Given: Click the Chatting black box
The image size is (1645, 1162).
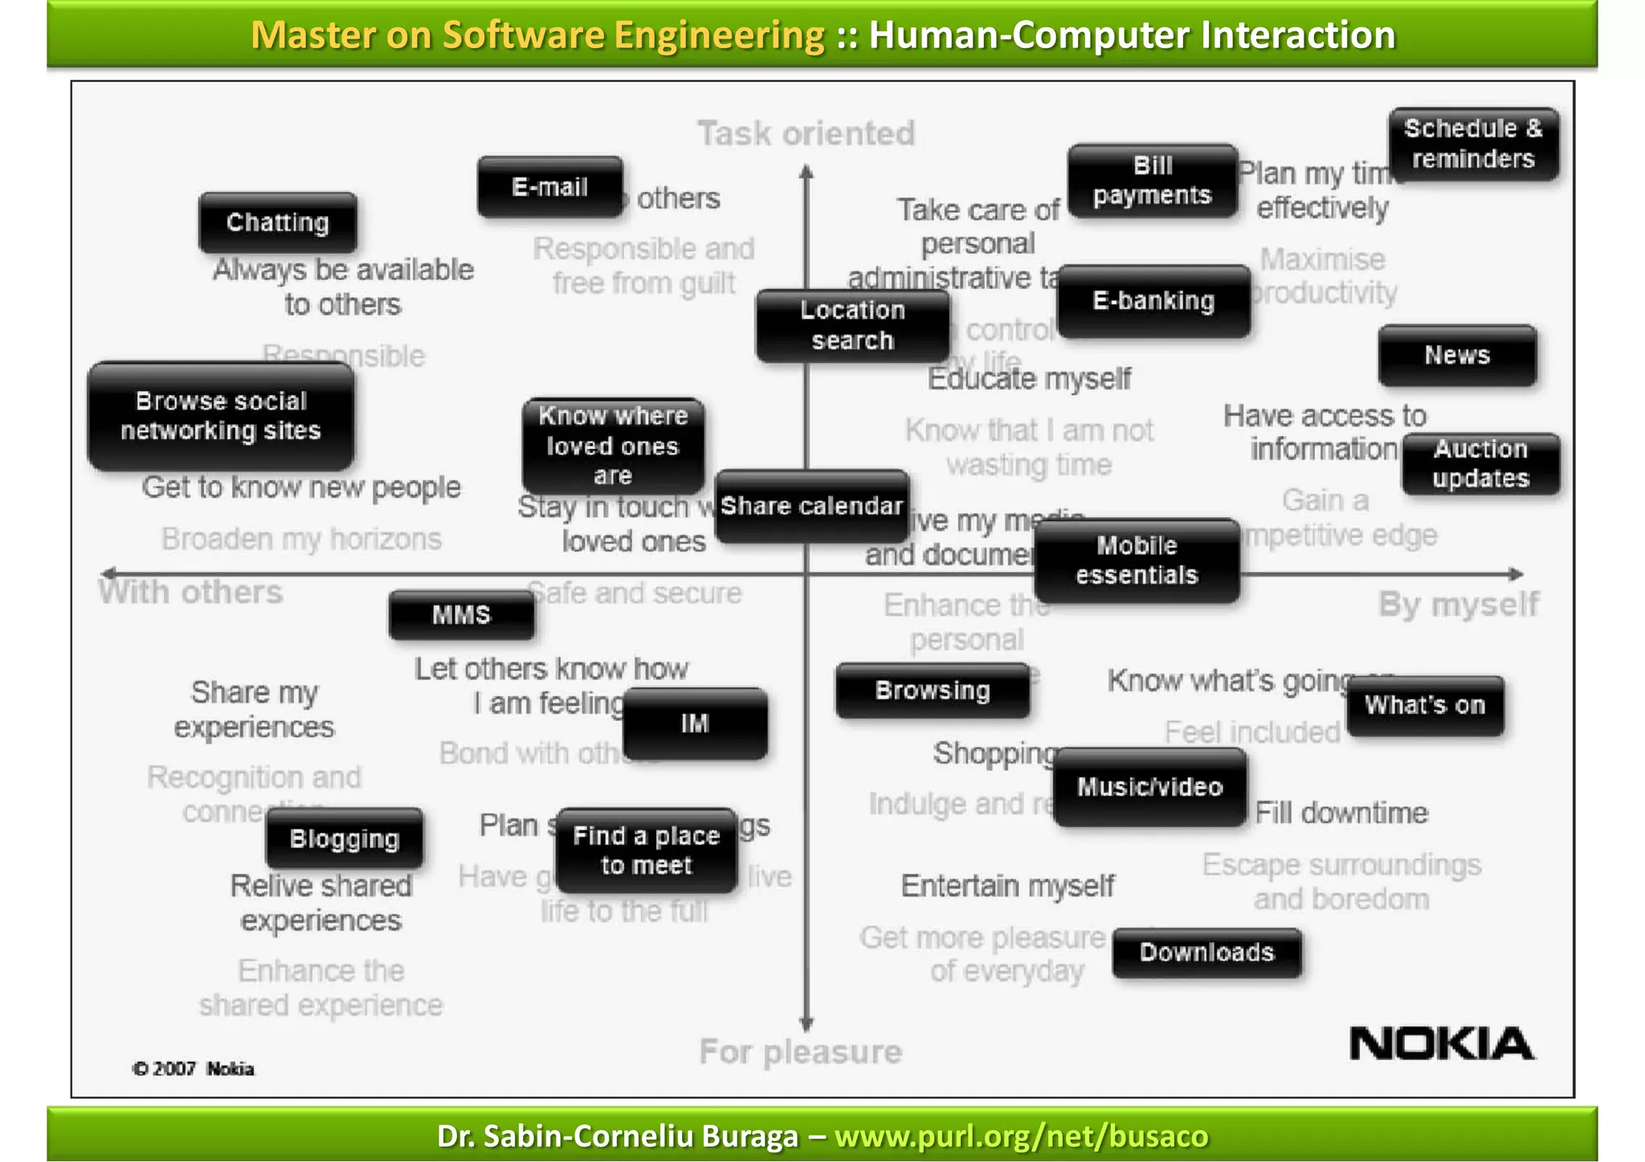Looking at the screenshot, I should pyautogui.click(x=278, y=222).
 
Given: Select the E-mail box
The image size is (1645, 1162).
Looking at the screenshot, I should pyautogui.click(x=550, y=187).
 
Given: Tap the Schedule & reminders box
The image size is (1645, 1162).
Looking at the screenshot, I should pyautogui.click(x=1473, y=144).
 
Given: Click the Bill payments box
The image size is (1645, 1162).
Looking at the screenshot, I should pyautogui.click(x=1152, y=181).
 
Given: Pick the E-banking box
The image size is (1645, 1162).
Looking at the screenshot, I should pyautogui.click(x=1153, y=301).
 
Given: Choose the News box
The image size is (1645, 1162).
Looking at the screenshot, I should pyautogui.click(x=1457, y=355).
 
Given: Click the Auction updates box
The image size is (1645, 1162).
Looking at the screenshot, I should pyautogui.click(x=1480, y=464).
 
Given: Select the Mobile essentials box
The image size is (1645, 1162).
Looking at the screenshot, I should pyautogui.click(x=1137, y=561).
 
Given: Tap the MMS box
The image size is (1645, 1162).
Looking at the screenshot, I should pyautogui.click(x=461, y=615).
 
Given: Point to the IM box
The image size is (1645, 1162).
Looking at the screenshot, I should pyautogui.click(x=695, y=724).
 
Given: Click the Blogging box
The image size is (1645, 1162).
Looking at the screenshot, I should pyautogui.click(x=345, y=838).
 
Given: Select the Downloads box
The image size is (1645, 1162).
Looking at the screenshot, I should pyautogui.click(x=1206, y=952).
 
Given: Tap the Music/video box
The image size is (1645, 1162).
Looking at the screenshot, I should pyautogui.click(x=1149, y=787).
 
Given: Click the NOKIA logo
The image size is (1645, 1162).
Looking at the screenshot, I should pyautogui.click(x=1441, y=1043).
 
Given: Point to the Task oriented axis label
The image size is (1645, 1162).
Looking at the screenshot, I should pyautogui.click(x=806, y=133).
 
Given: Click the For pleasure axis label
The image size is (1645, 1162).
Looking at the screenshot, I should pyautogui.click(x=800, y=1051).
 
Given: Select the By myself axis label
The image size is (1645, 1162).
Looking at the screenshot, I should pyautogui.click(x=1459, y=604).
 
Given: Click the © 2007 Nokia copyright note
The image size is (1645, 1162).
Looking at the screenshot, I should pyautogui.click(x=194, y=1069).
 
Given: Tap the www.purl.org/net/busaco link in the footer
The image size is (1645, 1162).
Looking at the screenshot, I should pyautogui.click(x=1021, y=1136).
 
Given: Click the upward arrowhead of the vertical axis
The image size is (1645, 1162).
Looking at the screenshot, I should pyautogui.click(x=806, y=171).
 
